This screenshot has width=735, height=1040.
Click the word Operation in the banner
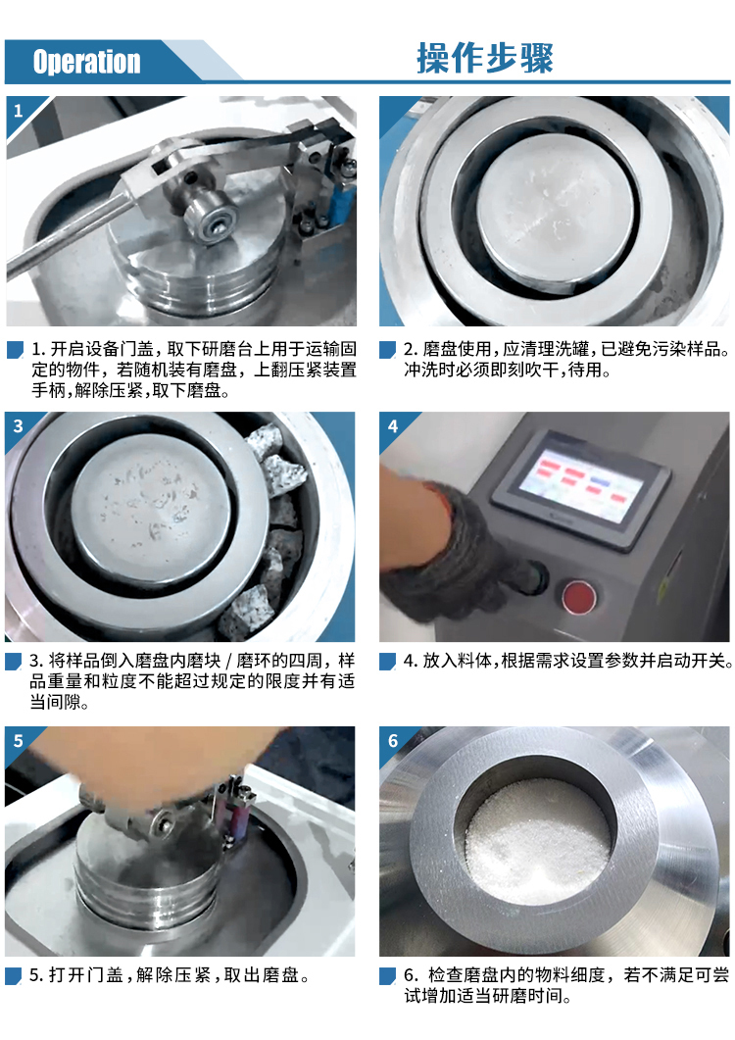[87, 62]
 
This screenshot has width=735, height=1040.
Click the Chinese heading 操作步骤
[485, 59]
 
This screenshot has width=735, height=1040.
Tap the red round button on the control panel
[578, 596]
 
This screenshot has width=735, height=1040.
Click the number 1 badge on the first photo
[19, 111]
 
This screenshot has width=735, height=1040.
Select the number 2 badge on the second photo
[391, 111]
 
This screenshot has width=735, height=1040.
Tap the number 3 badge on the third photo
[19, 425]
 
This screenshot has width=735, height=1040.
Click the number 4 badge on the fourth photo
[393, 425]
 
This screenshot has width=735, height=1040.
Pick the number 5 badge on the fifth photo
[19, 740]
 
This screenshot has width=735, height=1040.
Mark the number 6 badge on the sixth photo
[393, 740]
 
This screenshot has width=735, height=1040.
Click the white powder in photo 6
[537, 839]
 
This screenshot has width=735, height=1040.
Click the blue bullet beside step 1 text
[15, 350]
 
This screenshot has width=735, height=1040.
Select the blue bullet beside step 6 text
[387, 975]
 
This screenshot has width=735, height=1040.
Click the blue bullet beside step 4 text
[387, 662]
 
